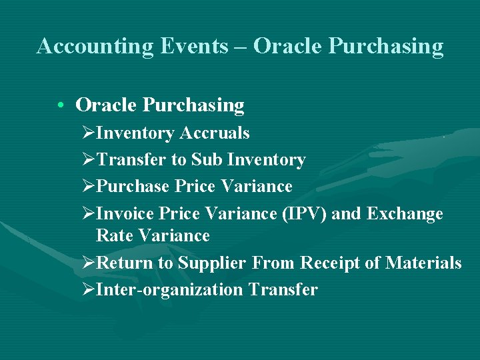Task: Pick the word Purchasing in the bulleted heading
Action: pos(194,105)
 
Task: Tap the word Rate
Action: pos(111,236)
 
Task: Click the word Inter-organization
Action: pos(170,290)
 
